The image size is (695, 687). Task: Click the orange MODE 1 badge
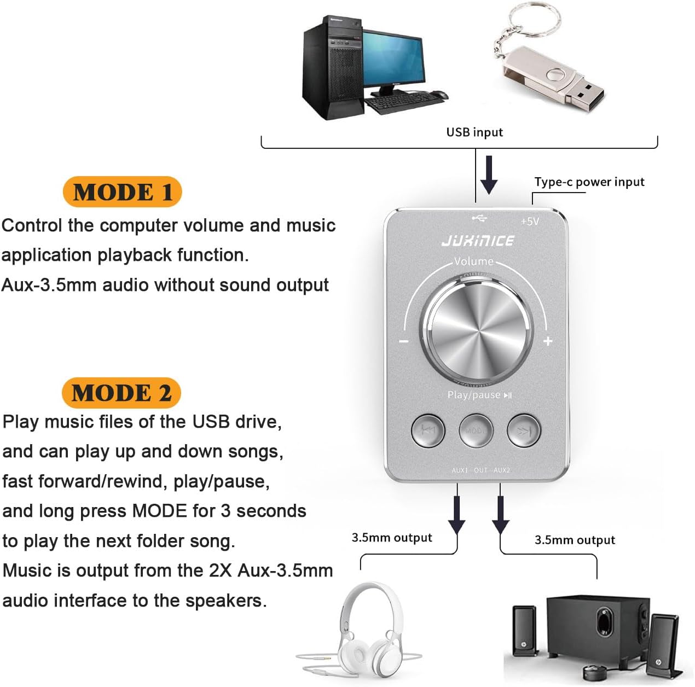[122, 192]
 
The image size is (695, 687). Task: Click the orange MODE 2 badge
[121, 393]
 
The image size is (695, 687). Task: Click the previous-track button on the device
[428, 430]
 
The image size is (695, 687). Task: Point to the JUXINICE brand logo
[478, 241]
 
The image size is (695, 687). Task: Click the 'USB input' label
[474, 132]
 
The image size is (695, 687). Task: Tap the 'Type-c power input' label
[589, 182]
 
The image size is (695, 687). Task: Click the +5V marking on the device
[530, 222]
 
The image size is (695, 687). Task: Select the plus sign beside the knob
[548, 341]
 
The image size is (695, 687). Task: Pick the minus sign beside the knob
[404, 342]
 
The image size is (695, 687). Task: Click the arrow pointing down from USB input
[489, 174]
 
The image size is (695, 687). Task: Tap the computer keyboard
[399, 101]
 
